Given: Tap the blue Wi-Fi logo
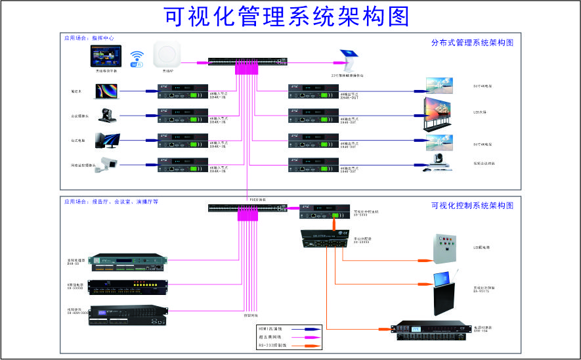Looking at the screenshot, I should point(137,59).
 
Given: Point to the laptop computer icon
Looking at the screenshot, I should point(106,91).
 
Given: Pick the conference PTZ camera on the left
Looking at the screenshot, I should point(105,116).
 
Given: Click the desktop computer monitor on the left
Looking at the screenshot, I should point(106,140).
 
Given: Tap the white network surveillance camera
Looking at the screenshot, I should point(105,165).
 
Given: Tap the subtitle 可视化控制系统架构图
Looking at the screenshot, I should point(472,206).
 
